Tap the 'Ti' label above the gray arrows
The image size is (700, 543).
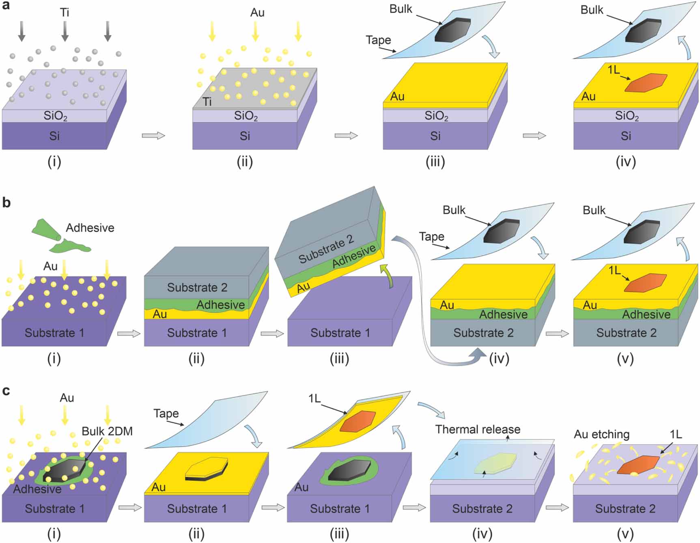(x=65, y=13)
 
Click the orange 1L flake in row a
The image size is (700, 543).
(x=646, y=83)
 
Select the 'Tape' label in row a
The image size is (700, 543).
(x=378, y=40)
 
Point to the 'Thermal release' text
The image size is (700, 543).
(x=478, y=429)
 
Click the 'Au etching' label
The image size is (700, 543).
(x=601, y=434)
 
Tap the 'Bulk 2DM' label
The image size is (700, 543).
(x=107, y=431)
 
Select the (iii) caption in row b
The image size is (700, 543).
(x=339, y=359)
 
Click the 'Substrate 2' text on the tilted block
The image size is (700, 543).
(x=326, y=249)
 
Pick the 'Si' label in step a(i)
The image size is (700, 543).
(x=54, y=136)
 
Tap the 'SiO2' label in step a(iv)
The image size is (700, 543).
(x=627, y=116)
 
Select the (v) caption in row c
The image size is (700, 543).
(x=625, y=534)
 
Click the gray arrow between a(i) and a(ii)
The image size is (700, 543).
(x=153, y=136)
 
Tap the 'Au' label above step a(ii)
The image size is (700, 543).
(x=257, y=13)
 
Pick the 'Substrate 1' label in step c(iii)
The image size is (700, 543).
(x=340, y=509)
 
